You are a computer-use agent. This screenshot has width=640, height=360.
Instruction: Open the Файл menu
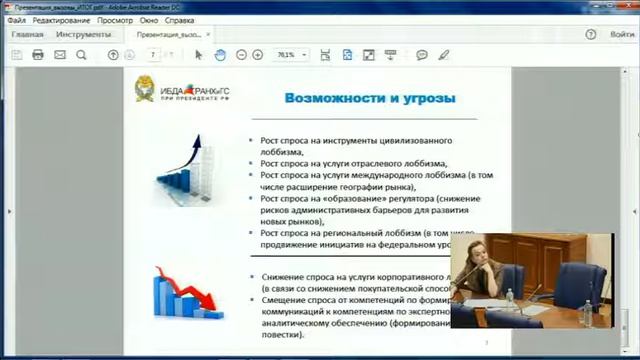(15, 20)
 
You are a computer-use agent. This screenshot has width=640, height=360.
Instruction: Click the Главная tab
(27, 35)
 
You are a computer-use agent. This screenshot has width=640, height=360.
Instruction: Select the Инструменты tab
(83, 35)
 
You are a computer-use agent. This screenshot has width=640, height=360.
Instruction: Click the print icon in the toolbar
(38, 55)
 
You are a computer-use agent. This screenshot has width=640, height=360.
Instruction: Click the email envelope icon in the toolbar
(59, 55)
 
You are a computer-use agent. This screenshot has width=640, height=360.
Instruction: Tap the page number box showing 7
(153, 55)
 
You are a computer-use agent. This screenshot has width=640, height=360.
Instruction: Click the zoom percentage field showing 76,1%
(287, 55)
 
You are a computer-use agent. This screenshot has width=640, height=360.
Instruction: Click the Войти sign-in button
(622, 35)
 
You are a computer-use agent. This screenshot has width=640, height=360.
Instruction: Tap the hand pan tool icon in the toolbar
(220, 55)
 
